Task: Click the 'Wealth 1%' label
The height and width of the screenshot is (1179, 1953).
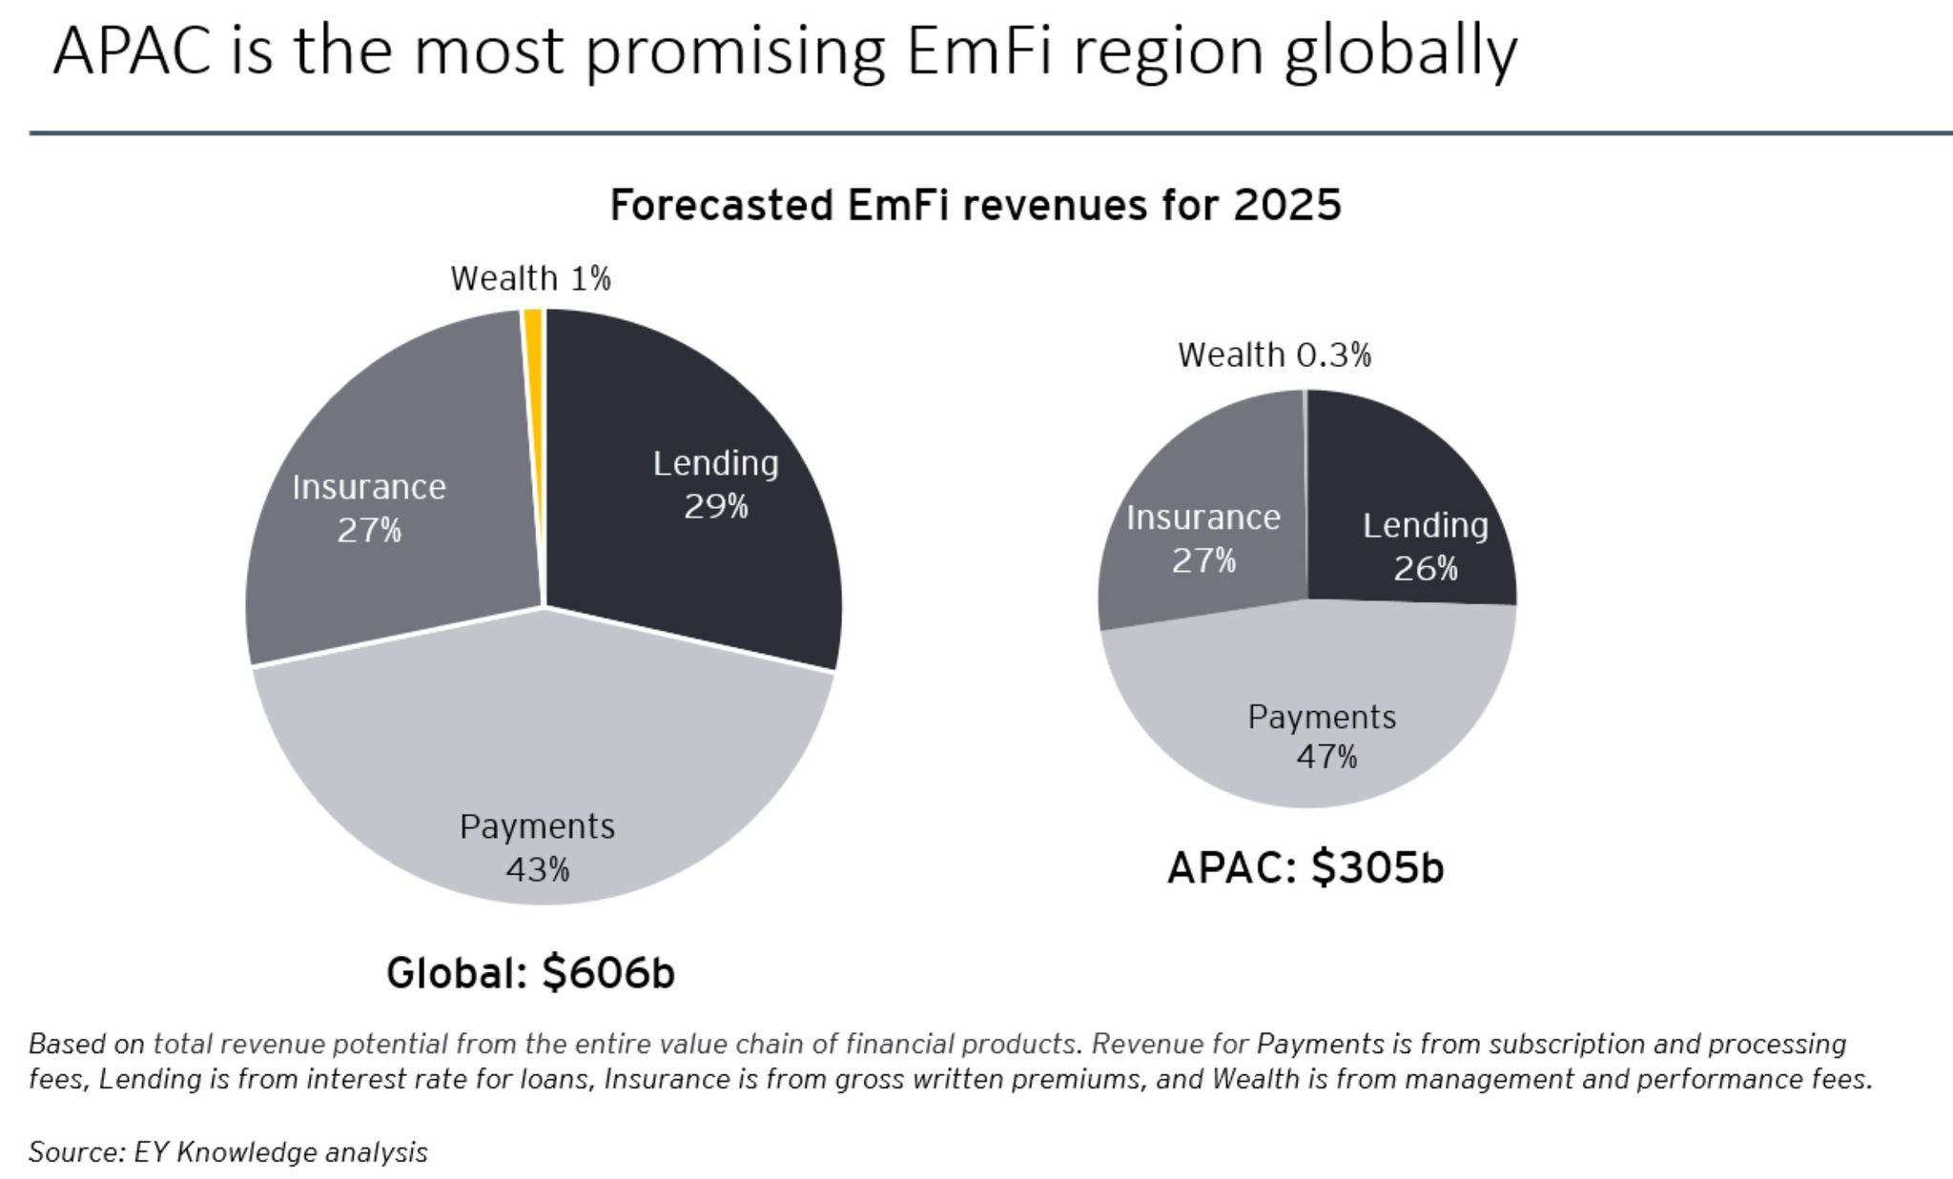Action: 530,279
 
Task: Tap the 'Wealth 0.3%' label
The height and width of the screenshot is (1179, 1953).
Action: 1274,356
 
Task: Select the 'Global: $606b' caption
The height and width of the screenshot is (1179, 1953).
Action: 530,973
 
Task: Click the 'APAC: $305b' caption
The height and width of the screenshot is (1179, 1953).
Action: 1305,867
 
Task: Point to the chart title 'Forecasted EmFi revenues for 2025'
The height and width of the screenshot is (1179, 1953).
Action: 975,206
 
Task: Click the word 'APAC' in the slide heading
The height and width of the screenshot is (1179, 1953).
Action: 132,51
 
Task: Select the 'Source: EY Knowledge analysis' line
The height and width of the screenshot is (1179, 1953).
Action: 228,1152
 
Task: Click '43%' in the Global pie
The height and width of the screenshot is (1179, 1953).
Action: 538,869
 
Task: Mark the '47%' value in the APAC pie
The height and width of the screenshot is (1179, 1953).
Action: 1326,758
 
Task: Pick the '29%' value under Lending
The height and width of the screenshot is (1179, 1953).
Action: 716,507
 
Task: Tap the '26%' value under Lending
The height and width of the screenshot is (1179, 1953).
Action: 1426,569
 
